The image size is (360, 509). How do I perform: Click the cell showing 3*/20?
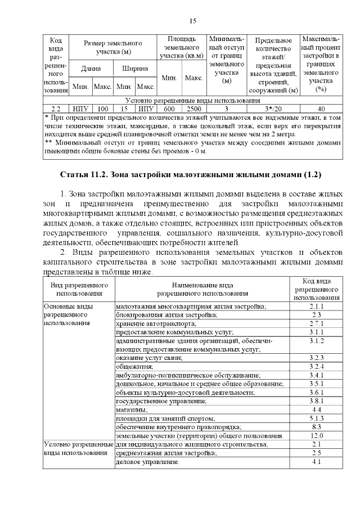(273, 109)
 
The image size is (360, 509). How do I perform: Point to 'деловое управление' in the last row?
(147, 462)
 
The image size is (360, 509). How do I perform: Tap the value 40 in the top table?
(321, 109)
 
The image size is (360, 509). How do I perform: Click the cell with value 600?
(169, 109)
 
